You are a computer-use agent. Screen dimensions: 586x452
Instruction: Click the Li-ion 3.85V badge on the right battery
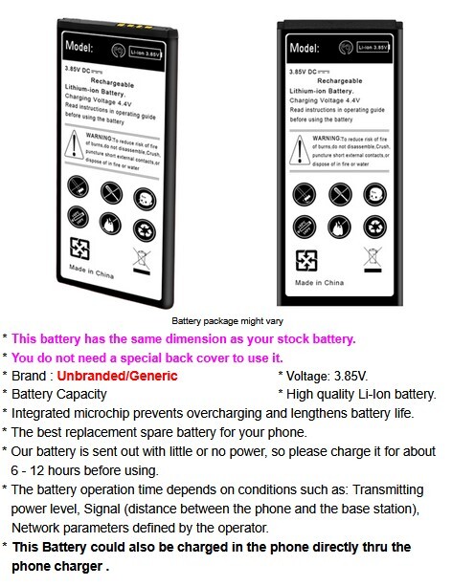[x=373, y=45]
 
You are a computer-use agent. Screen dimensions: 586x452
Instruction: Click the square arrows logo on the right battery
[x=307, y=260]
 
